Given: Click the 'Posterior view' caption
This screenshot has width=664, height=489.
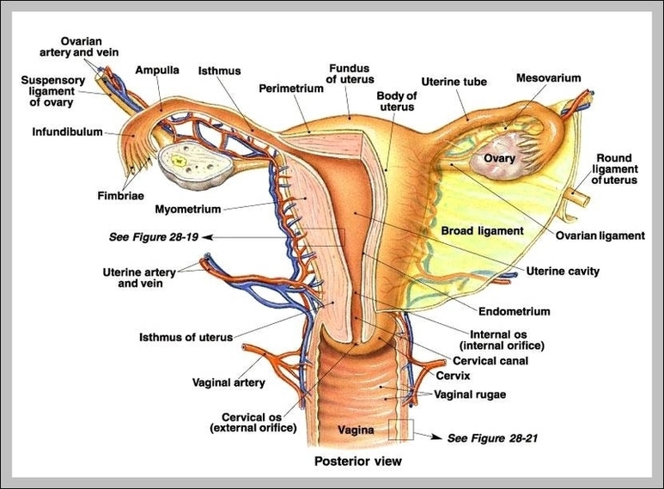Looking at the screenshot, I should [x=357, y=461].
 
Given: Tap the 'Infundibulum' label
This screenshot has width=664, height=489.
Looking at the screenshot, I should [x=68, y=132].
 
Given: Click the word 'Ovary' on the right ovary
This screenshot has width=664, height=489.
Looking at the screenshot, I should [x=498, y=159].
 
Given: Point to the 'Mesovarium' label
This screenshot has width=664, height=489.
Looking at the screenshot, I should [x=548, y=78].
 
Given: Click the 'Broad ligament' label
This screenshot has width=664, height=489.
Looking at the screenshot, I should [x=482, y=231].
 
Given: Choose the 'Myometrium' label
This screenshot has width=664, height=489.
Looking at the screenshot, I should [x=188, y=209].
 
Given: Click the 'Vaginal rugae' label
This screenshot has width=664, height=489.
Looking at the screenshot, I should [x=470, y=394].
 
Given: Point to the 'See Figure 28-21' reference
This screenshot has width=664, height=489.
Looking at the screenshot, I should [x=492, y=437].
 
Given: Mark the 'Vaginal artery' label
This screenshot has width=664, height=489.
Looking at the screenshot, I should [x=228, y=382].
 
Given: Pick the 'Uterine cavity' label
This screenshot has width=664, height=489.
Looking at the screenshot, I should [x=563, y=272].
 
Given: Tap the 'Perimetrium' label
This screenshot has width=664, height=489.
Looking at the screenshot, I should [x=290, y=88].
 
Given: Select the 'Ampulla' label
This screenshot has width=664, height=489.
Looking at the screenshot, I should [x=156, y=70].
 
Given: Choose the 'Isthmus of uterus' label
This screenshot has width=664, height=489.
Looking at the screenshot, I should [x=186, y=338].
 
